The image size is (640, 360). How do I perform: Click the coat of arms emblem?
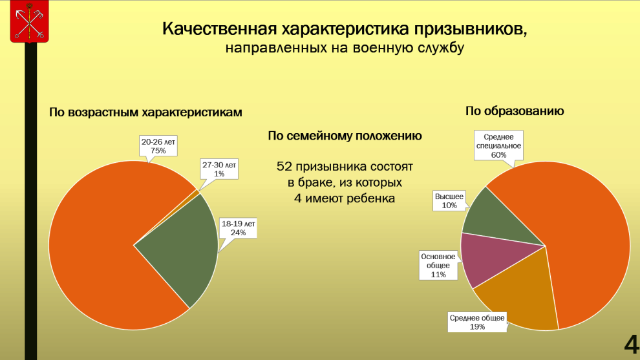tap(29, 21)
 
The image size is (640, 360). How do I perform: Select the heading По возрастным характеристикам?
tap(145, 112)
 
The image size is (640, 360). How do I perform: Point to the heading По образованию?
tap(515, 111)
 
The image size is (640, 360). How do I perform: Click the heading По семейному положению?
tap(345, 136)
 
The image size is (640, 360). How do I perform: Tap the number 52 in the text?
tap(284, 167)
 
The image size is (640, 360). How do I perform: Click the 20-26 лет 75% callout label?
tap(158, 146)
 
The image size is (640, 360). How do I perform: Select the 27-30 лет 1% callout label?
tap(219, 169)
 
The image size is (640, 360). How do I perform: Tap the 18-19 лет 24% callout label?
tap(239, 227)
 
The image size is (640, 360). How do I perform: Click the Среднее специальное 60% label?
tap(498, 145)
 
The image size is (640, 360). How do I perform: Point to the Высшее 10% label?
tap(449, 200)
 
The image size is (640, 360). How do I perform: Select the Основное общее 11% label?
tap(438, 265)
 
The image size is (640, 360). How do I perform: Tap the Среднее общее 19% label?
tap(478, 322)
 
